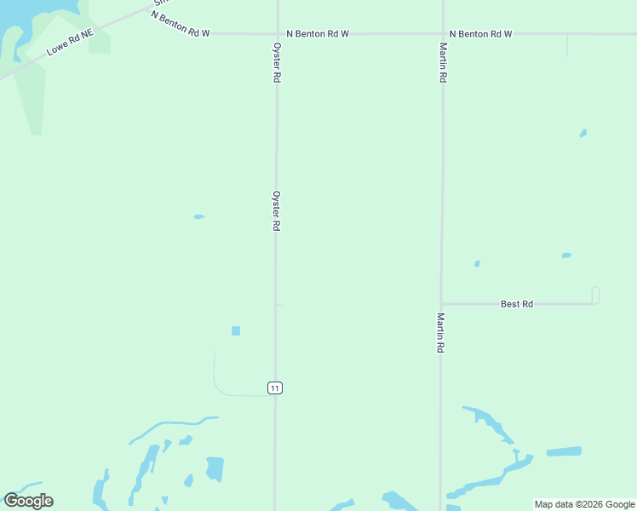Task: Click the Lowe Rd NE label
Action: pyautogui.click(x=70, y=41)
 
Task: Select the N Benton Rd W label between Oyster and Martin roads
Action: pyautogui.click(x=318, y=34)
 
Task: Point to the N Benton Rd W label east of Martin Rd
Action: pyautogui.click(x=480, y=34)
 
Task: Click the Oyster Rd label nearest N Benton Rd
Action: pyautogui.click(x=277, y=62)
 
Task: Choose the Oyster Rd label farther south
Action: pyautogui.click(x=277, y=210)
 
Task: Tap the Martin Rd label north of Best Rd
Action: pyautogui.click(x=444, y=62)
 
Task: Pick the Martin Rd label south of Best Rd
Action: pyautogui.click(x=441, y=333)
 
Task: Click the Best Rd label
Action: pyautogui.click(x=516, y=304)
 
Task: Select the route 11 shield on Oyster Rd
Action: pyautogui.click(x=274, y=388)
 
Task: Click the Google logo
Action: pyautogui.click(x=28, y=501)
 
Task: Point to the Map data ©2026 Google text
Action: pyautogui.click(x=585, y=505)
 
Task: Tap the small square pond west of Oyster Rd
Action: pyautogui.click(x=236, y=330)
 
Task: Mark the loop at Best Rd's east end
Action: pyautogui.click(x=595, y=295)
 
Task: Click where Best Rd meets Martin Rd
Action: pyautogui.click(x=441, y=303)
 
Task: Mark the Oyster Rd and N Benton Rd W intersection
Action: pyautogui.click(x=277, y=34)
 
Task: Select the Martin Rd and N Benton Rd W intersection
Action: pyautogui.click(x=442, y=34)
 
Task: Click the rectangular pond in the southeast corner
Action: pyautogui.click(x=564, y=451)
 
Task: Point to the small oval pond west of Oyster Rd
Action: pyautogui.click(x=198, y=216)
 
